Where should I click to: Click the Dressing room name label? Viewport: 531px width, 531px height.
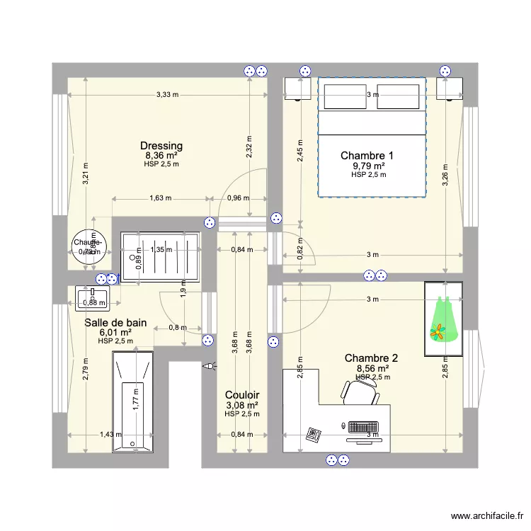click(x=161, y=146)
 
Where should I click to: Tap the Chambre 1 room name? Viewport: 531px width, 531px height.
click(x=367, y=155)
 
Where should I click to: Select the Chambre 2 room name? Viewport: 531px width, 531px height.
click(x=371, y=358)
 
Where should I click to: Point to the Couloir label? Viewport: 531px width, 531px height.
click(x=242, y=395)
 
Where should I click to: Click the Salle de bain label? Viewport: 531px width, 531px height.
click(x=115, y=322)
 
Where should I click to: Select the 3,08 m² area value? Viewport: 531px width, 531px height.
click(x=242, y=405)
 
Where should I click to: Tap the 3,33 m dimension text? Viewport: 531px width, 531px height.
click(x=167, y=94)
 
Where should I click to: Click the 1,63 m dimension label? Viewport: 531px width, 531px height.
click(x=160, y=198)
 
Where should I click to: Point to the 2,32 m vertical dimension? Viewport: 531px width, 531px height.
click(x=249, y=149)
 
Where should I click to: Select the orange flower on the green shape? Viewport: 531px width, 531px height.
click(x=439, y=330)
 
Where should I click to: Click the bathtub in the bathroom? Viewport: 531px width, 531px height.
click(x=132, y=400)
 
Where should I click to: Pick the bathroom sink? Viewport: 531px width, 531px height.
click(x=92, y=299)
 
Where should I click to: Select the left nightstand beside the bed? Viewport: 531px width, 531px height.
click(x=297, y=88)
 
